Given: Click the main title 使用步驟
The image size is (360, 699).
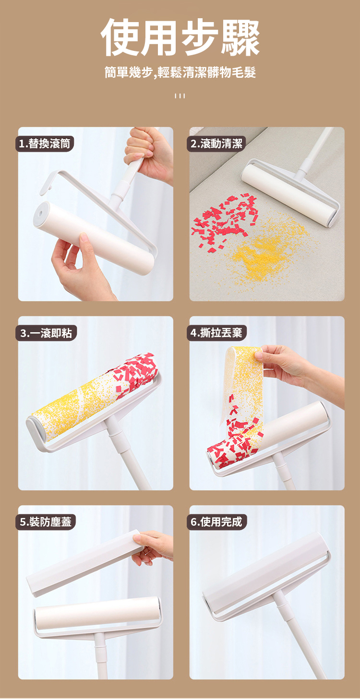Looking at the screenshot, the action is point(180,37).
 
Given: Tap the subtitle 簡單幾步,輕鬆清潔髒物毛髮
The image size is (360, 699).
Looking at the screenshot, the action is point(180,72).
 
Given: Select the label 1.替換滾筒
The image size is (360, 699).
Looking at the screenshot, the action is point(45,144).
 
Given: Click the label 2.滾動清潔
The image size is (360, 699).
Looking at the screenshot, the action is point(216,144).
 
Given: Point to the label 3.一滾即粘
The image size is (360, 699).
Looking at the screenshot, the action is point(46,333).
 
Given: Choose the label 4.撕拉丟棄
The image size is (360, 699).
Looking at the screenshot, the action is point(216,333).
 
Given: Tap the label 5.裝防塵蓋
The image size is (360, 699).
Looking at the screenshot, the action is point(46,522).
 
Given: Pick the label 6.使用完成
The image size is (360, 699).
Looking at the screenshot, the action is point(216,522).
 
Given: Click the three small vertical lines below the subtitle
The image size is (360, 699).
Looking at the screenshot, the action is point(180,96).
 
